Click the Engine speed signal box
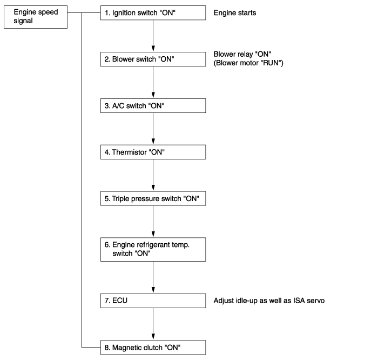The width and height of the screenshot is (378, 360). point(36,17)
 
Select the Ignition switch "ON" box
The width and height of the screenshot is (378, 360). point(153,13)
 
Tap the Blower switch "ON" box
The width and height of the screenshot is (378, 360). point(153,59)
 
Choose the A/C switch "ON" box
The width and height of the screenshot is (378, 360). point(153,106)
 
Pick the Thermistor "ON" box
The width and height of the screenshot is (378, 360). point(153,152)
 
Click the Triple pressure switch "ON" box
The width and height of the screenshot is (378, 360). point(153,198)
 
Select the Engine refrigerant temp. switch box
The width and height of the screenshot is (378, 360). point(153,250)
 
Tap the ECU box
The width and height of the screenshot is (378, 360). point(153,301)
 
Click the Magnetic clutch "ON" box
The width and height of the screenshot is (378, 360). point(153,348)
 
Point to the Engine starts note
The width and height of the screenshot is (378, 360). point(235,13)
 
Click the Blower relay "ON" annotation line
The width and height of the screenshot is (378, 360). point(242,54)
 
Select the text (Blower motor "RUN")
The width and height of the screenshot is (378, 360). point(248,63)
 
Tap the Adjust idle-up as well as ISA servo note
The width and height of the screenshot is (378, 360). point(269,301)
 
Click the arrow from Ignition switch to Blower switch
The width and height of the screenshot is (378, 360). point(153,36)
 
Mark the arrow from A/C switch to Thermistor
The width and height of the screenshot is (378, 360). point(153,129)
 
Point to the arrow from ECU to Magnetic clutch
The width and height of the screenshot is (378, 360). point(153,324)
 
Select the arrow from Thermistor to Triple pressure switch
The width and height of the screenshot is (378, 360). point(153,175)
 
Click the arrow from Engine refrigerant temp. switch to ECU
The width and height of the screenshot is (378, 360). point(153,277)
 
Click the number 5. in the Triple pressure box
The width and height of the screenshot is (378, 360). point(107,198)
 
